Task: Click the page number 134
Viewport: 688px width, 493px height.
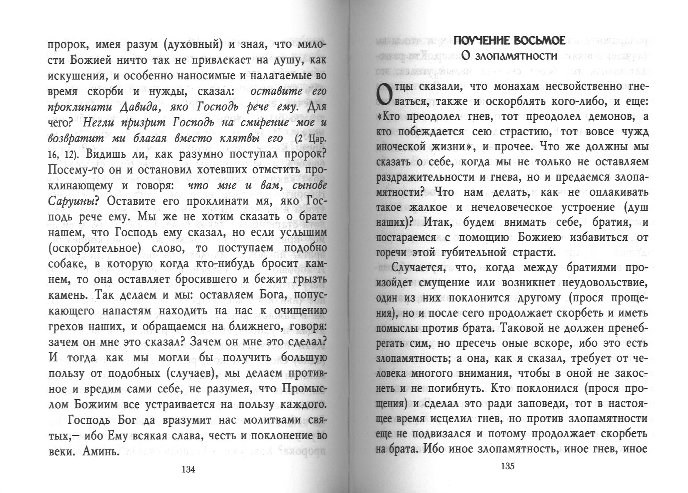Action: pos(188,469)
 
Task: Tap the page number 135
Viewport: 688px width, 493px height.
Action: pos(508,466)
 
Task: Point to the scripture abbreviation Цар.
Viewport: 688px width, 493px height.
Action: pos(317,138)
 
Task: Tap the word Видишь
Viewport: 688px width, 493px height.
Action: pos(105,154)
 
